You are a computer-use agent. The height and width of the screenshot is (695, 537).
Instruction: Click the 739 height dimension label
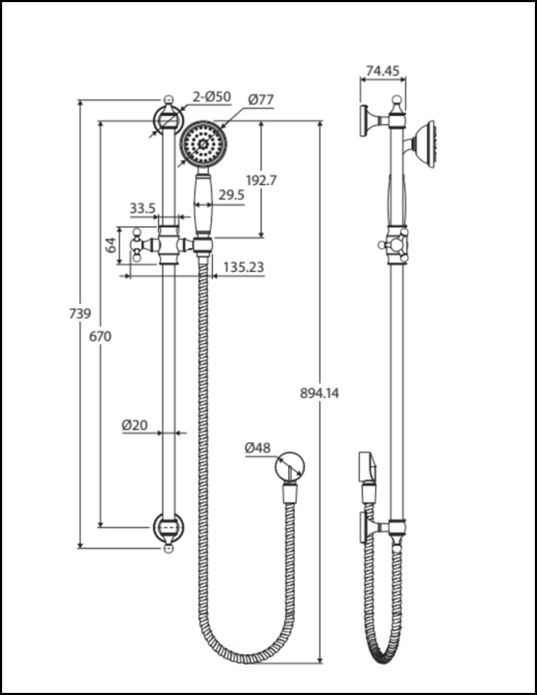pyautogui.click(x=81, y=313)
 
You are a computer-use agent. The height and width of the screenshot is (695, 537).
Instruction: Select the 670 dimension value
pyautogui.click(x=101, y=336)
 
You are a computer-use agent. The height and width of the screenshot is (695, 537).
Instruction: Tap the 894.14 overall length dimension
pyautogui.click(x=319, y=393)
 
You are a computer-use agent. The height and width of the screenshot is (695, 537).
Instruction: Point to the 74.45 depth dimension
pyautogui.click(x=382, y=69)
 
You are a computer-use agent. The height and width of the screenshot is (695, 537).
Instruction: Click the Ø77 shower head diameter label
pyautogui.click(x=260, y=100)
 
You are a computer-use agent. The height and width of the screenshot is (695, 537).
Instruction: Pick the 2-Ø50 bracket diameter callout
pyautogui.click(x=211, y=98)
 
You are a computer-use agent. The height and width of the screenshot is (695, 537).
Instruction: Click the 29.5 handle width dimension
pyautogui.click(x=231, y=195)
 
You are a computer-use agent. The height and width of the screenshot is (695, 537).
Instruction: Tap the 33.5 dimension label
pyautogui.click(x=142, y=208)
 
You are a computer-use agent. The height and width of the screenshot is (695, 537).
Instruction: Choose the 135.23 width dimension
pyautogui.click(x=243, y=267)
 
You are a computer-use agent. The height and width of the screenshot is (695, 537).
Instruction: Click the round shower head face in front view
pyautogui.click(x=203, y=143)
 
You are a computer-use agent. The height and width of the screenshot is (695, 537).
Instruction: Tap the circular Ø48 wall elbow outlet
pyautogui.click(x=289, y=466)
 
